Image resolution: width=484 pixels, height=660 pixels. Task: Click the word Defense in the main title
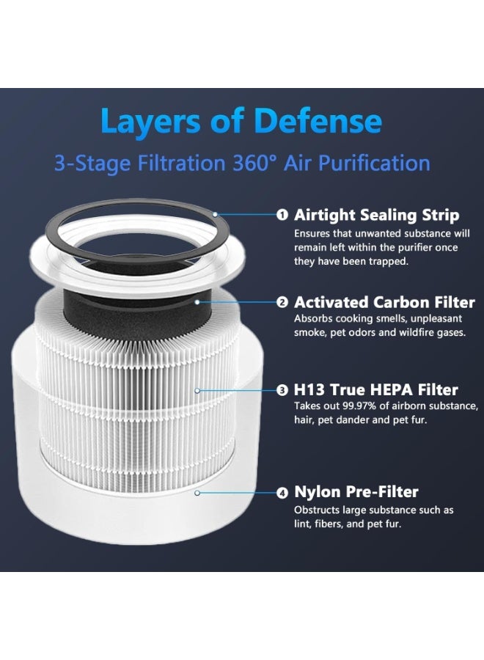point(318,122)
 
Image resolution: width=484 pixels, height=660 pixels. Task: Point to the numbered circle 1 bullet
point(282,216)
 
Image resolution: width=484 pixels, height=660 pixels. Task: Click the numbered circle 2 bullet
point(282,302)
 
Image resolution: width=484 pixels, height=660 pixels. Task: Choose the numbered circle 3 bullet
point(282,390)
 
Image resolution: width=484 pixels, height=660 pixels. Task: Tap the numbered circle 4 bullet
point(282,493)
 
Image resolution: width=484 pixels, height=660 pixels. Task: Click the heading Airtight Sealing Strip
point(376,215)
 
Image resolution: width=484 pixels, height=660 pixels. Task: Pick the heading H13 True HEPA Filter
point(375,390)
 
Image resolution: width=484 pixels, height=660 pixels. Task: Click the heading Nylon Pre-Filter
point(356,492)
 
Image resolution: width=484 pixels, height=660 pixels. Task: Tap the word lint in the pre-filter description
point(302,524)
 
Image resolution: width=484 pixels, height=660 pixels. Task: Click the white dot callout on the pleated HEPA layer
point(197,390)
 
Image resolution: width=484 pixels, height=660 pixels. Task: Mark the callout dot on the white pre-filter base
point(197,493)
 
